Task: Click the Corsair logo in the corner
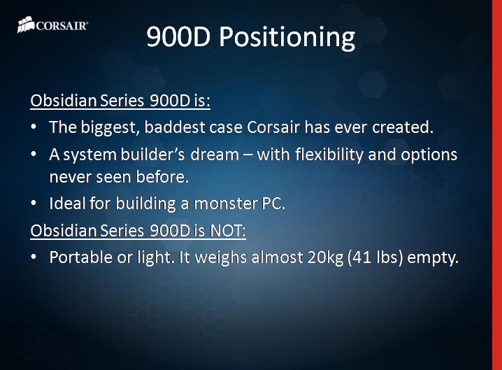[x=52, y=27]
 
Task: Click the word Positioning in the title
[x=287, y=37]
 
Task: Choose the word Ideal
[x=66, y=204]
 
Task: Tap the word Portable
[x=80, y=257]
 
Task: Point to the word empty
[x=436, y=258]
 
